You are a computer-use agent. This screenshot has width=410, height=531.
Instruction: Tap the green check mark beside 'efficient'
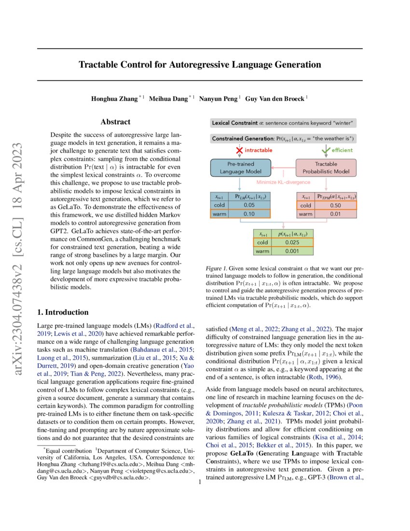click(327, 150)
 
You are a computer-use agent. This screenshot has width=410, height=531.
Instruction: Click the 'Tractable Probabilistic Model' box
click(326, 168)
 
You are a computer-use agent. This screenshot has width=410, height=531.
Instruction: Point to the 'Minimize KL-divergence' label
click(283, 182)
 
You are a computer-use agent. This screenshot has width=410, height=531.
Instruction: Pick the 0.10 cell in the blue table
click(249, 214)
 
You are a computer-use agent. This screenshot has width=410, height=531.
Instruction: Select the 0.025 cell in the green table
click(290, 243)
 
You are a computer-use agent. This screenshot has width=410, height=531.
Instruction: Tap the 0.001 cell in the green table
click(290, 251)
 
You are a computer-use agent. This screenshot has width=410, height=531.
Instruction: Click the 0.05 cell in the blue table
click(249, 205)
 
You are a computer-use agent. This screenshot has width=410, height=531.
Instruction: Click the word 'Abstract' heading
click(115, 123)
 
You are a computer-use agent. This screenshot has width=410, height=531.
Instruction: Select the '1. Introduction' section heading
click(63, 312)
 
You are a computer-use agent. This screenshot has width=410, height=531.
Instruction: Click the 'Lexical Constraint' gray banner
click(284, 123)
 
